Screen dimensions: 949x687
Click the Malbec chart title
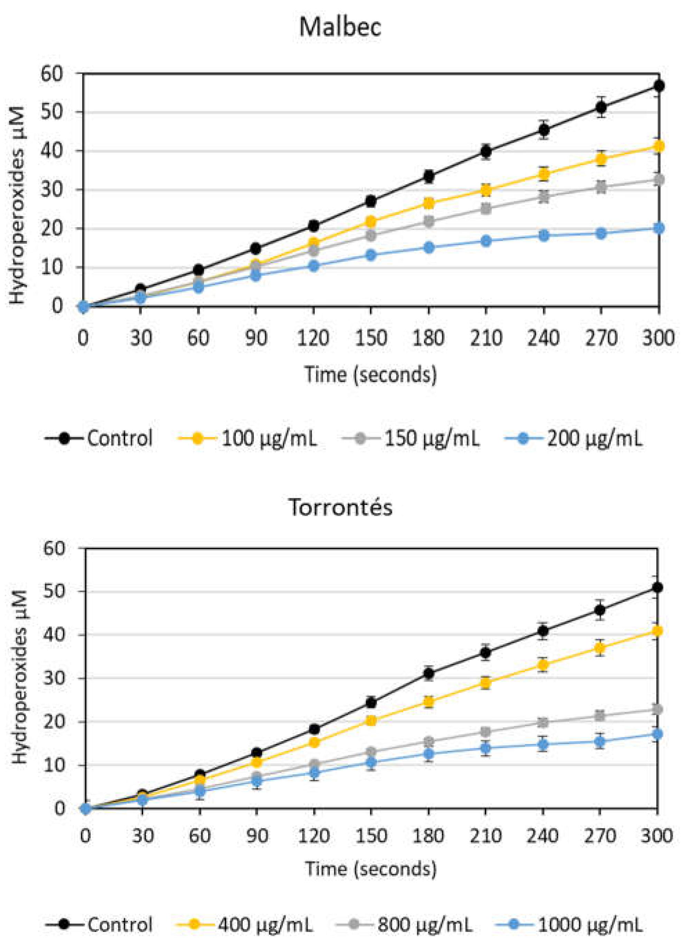coord(340,27)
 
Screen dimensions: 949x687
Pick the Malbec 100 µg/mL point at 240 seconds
coord(544,174)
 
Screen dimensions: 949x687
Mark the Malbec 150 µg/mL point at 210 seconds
coord(486,209)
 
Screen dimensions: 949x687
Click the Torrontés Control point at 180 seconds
coord(428,673)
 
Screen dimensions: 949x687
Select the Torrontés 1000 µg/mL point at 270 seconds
coord(600,741)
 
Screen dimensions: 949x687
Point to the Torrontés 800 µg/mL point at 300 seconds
coord(657,709)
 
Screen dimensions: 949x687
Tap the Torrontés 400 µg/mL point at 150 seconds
coord(371,720)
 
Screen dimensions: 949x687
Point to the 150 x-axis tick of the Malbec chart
coord(371,338)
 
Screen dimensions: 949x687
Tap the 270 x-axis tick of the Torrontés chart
coord(600,836)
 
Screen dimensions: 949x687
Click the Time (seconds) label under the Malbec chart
coord(370,374)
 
